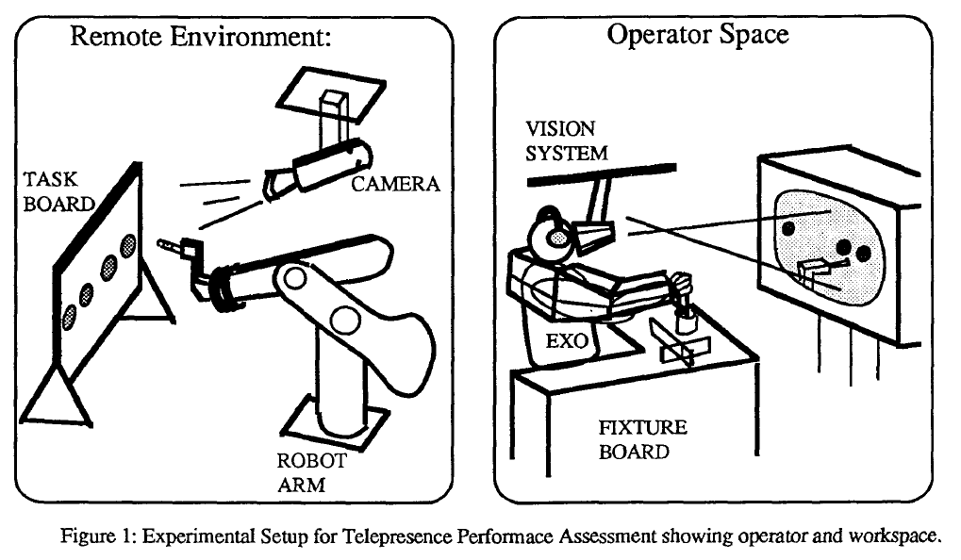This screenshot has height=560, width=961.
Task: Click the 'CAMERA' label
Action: (x=395, y=184)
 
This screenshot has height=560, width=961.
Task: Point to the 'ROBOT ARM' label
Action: (x=310, y=474)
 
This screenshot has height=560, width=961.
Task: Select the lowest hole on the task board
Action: (x=68, y=319)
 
